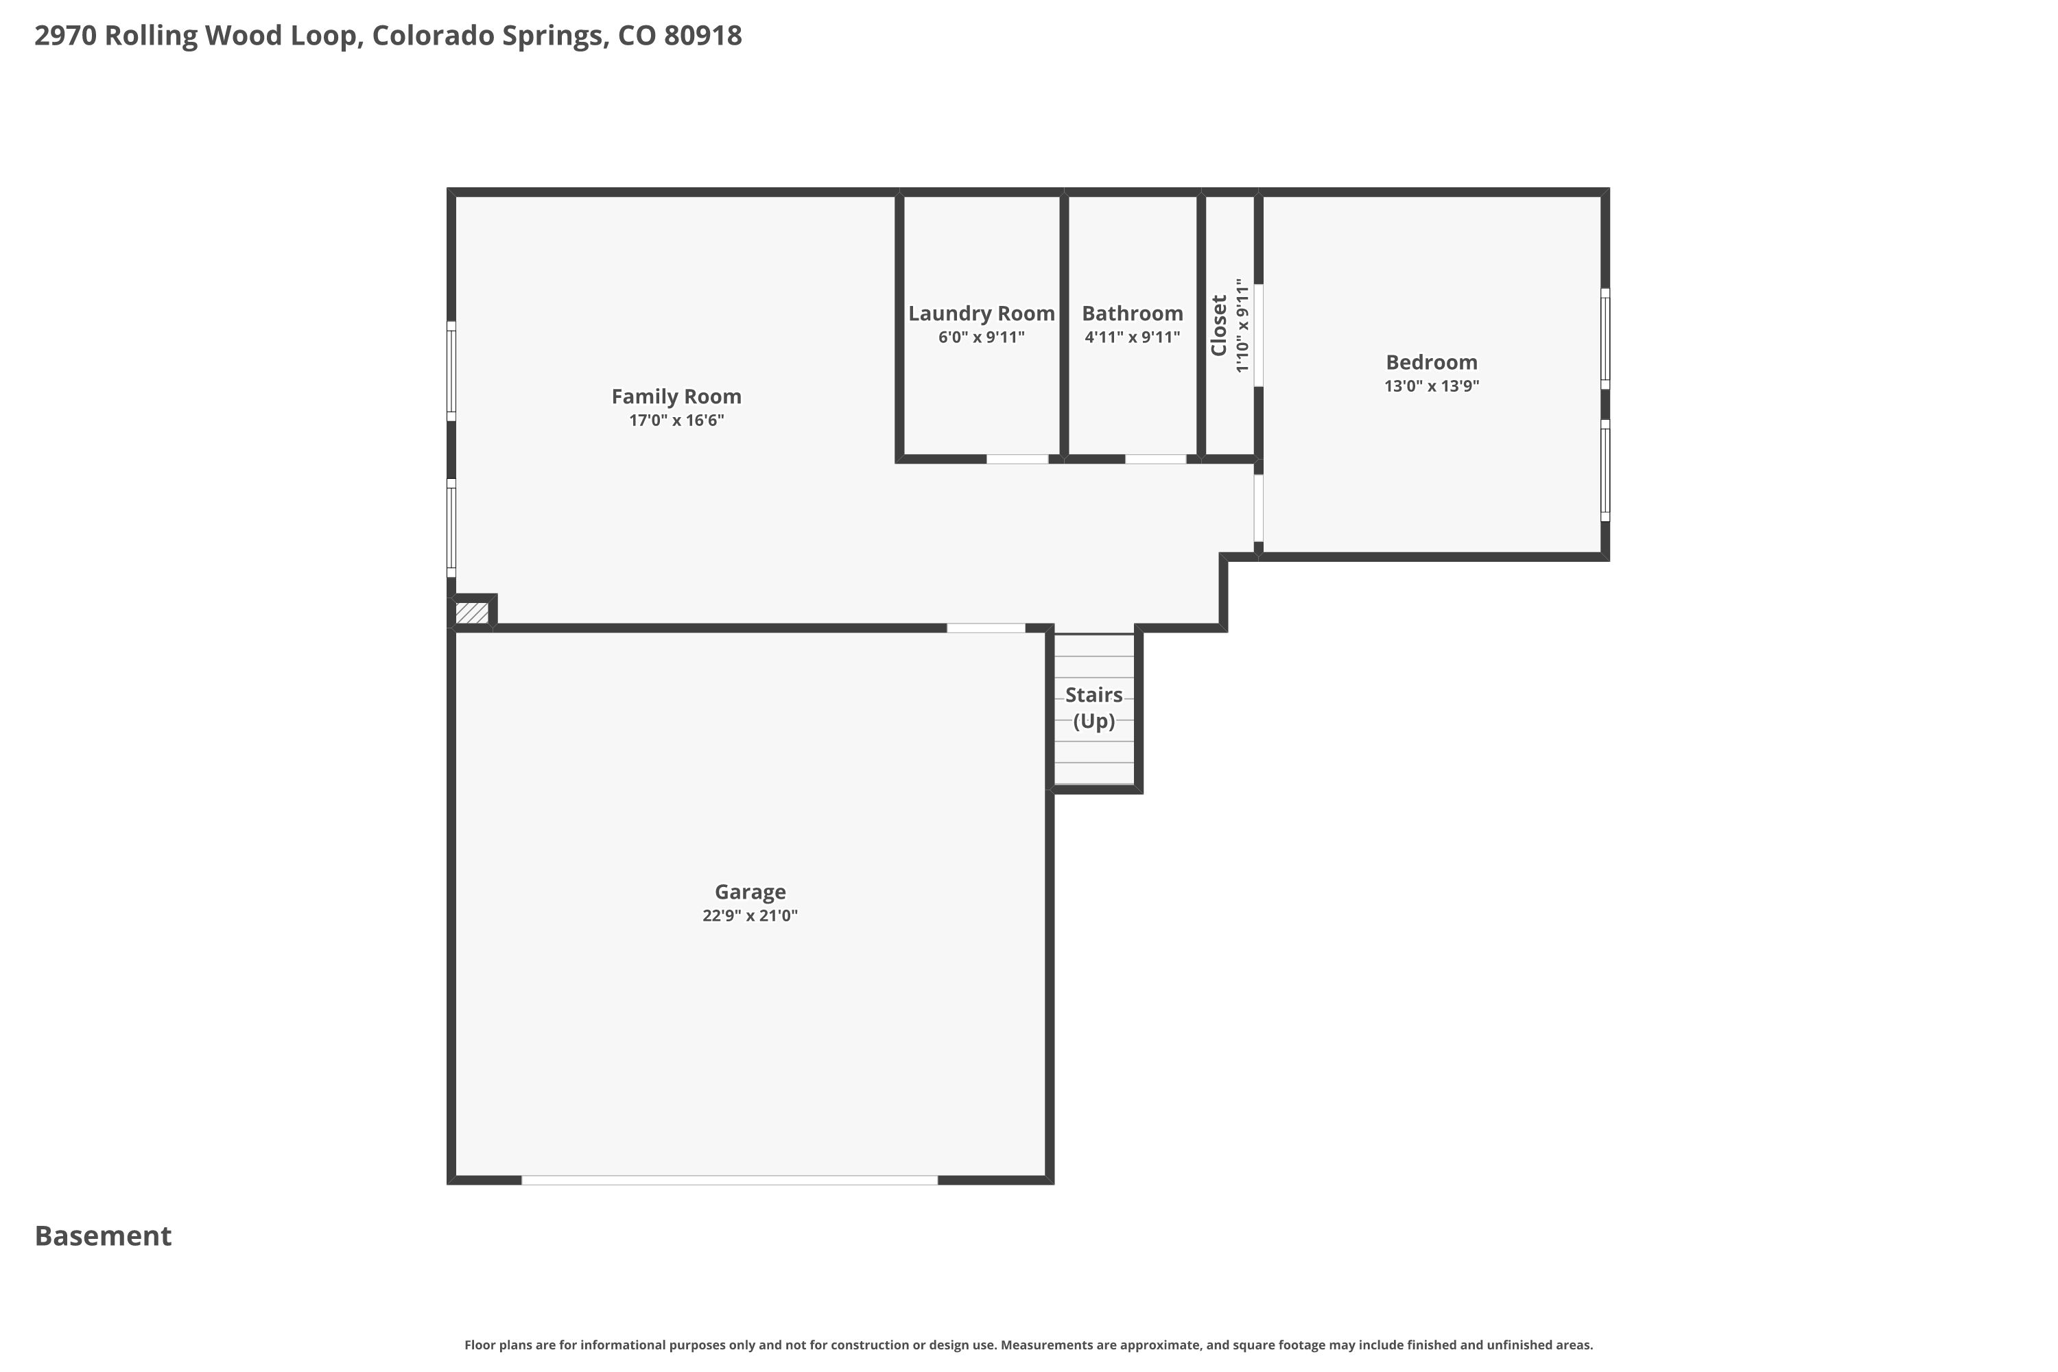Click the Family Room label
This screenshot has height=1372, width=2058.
676,397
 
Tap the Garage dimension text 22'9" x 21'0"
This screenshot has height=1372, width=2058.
750,915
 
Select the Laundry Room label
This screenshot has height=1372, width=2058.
981,314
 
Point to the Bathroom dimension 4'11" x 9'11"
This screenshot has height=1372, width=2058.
1133,337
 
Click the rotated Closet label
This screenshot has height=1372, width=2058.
1218,325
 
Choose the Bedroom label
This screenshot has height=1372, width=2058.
1432,362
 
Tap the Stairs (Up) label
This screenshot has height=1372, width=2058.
1093,708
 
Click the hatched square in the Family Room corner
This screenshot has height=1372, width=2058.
473,613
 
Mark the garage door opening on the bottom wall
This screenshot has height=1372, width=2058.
730,1181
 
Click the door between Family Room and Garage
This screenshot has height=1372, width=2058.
986,628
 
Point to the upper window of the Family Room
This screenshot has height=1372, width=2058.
451,371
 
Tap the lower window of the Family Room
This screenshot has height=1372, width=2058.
451,528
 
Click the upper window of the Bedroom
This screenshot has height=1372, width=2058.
1605,339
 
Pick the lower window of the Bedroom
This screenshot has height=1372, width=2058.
1605,471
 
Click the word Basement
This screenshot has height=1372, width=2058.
104,1235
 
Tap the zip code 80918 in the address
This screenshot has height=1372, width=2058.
702,36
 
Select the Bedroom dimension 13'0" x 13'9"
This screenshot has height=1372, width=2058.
1432,386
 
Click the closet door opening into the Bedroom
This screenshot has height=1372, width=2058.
1258,335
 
